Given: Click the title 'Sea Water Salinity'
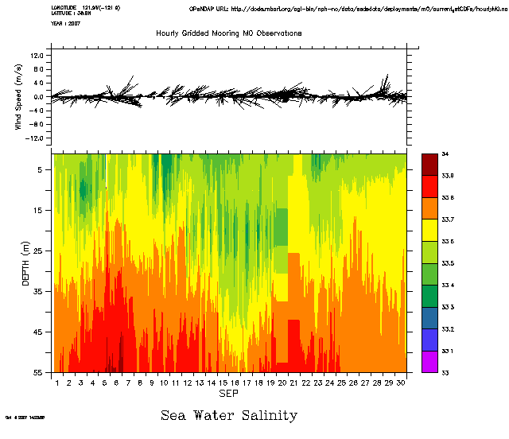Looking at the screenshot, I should click(229, 414).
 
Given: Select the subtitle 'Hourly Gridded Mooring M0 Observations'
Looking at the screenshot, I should click(229, 34).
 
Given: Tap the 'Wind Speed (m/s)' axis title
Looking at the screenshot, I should click(17, 99).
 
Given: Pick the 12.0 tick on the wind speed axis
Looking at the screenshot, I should click(37, 56).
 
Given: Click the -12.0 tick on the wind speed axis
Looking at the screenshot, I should click(36, 138).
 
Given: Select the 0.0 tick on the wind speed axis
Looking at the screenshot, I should click(38, 97).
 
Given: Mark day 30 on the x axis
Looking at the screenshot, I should click(400, 383).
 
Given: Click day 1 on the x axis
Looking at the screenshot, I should click(58, 383).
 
